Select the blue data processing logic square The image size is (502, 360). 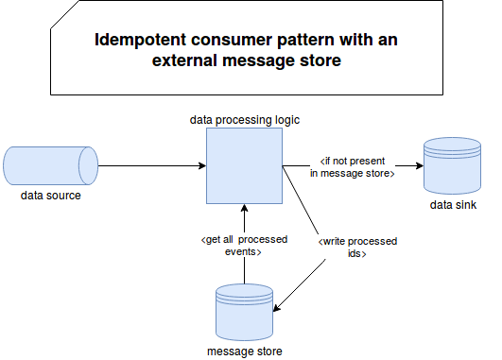(244, 165)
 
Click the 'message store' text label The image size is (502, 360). (244, 351)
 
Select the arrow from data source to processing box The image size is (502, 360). (151, 165)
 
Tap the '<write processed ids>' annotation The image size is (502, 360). (357, 248)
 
